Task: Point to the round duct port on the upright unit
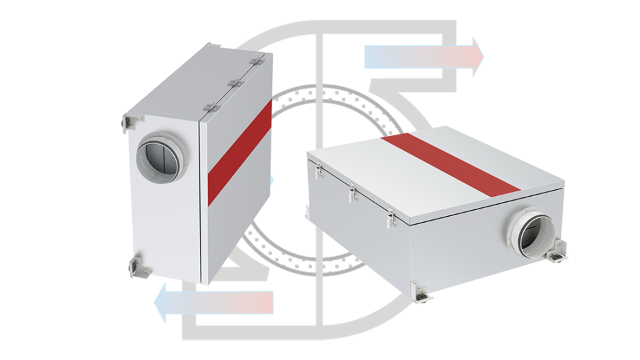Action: point(158,154)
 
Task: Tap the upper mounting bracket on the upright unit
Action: point(131,122)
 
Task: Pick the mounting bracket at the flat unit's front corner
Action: point(419,289)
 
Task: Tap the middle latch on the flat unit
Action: point(352,193)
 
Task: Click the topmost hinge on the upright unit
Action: point(255,62)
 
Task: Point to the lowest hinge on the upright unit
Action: point(211,107)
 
